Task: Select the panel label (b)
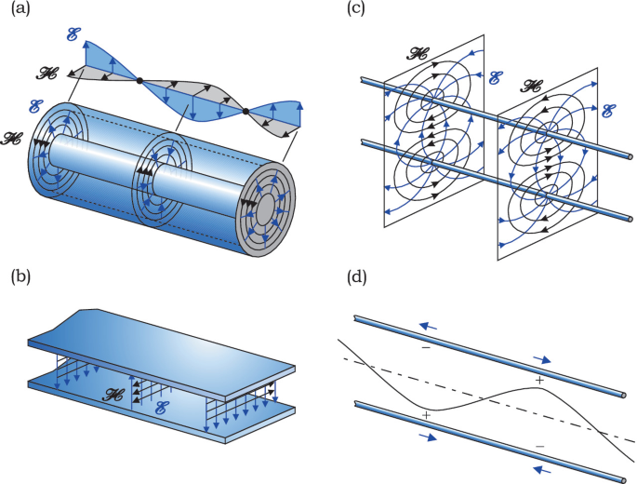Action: tap(17, 276)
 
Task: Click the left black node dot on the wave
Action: tap(139, 82)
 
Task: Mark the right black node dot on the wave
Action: tap(246, 111)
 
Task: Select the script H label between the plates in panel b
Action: tap(115, 395)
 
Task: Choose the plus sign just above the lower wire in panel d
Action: tap(426, 414)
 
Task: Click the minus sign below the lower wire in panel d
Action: tap(538, 447)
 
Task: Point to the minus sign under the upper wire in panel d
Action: tap(426, 347)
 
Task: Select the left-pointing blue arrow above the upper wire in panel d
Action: tap(426, 326)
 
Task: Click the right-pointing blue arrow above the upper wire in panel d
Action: tap(542, 357)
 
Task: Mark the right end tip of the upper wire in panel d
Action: tap(621, 397)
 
